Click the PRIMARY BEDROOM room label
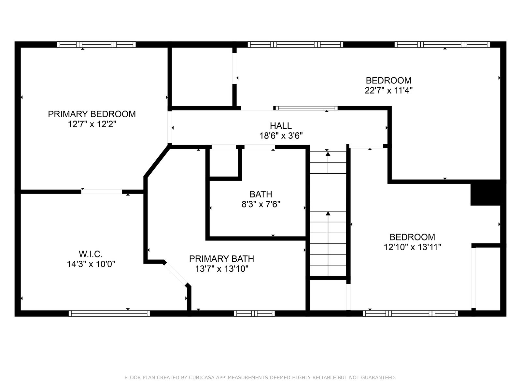92,114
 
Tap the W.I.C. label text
91,254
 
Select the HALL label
281,125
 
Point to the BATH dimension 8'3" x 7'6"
261,204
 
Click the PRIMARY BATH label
221,259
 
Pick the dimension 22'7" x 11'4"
388,91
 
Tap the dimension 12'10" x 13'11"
412,247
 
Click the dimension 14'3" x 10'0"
91,264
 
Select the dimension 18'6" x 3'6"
281,136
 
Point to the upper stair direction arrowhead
328,154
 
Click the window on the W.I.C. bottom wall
109,313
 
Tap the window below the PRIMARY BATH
254,313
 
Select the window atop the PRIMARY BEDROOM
96,44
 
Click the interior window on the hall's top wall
305,108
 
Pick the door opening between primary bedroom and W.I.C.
102,192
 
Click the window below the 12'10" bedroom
410,313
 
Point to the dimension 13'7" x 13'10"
222,269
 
